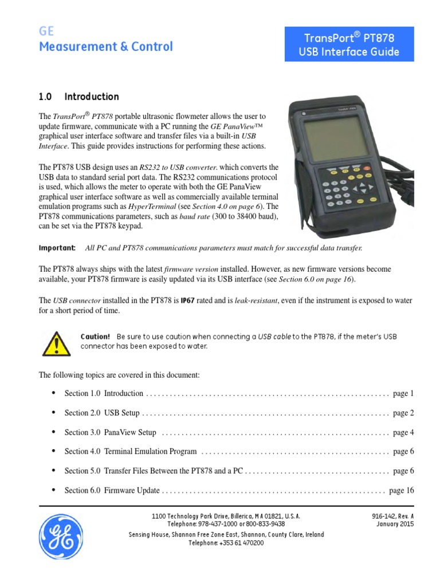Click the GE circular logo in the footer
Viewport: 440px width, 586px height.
tap(61, 536)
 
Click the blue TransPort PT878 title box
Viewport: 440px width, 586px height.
tap(349, 46)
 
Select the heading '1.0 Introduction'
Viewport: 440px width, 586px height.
tap(78, 97)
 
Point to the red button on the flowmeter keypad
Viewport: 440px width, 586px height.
tap(367, 169)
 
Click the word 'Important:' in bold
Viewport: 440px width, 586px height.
tap(56, 248)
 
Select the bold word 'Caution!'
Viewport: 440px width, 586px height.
tap(95, 336)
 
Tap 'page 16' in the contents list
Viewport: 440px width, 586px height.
tap(401, 490)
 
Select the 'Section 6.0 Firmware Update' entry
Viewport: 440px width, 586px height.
tap(112, 490)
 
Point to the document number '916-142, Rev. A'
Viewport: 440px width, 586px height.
tap(392, 516)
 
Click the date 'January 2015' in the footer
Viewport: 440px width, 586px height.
tap(395, 524)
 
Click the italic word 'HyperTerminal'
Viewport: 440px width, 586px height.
tap(151, 207)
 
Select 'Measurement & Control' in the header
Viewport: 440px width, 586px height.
tap(105, 47)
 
